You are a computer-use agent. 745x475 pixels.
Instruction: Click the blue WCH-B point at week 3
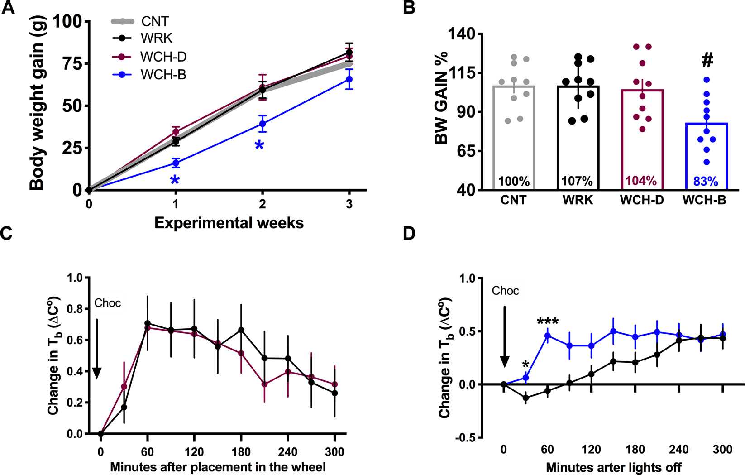pyautogui.click(x=349, y=79)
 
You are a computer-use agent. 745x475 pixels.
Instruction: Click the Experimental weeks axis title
pyautogui.click(x=229, y=223)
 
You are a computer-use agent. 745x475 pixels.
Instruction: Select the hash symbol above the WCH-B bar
pyautogui.click(x=707, y=60)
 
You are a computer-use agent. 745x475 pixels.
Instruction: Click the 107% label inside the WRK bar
pyautogui.click(x=577, y=182)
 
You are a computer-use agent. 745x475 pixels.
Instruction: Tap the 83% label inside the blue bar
pyautogui.click(x=706, y=182)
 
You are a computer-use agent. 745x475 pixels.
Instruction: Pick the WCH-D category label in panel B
pyautogui.click(x=642, y=200)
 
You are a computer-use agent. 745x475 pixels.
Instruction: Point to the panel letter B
pyautogui.click(x=409, y=8)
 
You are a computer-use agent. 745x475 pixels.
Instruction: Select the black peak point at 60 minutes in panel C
pyautogui.click(x=148, y=323)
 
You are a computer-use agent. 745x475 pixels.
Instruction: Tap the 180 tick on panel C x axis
pyautogui.click(x=241, y=451)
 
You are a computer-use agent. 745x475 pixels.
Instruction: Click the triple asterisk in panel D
pyautogui.click(x=548, y=322)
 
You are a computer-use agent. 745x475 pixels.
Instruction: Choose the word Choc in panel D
pyautogui.click(x=505, y=291)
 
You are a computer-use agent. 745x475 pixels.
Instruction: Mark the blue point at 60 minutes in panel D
pyautogui.click(x=548, y=336)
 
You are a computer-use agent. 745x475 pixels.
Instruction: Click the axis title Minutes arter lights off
pyautogui.click(x=614, y=467)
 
